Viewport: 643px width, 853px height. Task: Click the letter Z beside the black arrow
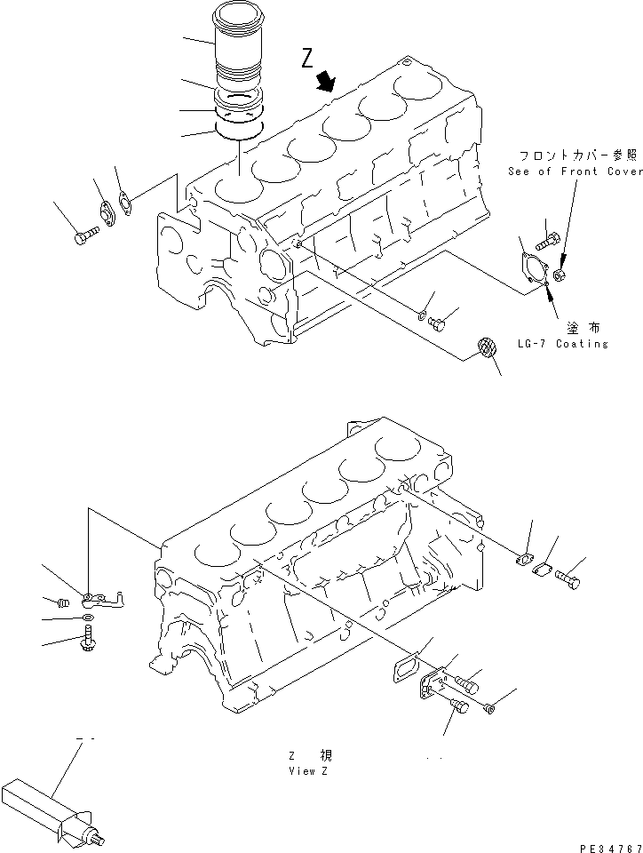click(x=307, y=60)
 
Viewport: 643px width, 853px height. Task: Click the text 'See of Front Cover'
click(x=575, y=171)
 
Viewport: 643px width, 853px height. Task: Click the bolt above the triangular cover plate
click(x=548, y=238)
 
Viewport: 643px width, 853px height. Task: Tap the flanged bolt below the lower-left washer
click(x=89, y=636)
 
